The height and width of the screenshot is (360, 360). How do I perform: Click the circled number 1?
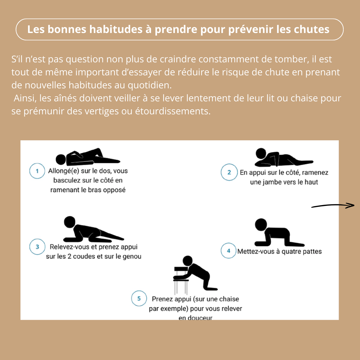37,171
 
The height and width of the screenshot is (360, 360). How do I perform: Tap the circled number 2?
229,172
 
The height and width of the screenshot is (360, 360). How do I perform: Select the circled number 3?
37,247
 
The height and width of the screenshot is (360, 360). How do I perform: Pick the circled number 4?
229,251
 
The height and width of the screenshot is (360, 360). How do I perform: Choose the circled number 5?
139,299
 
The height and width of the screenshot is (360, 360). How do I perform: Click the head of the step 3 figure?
69,222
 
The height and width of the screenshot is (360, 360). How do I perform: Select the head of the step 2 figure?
261,154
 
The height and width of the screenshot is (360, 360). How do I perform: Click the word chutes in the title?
311,29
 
